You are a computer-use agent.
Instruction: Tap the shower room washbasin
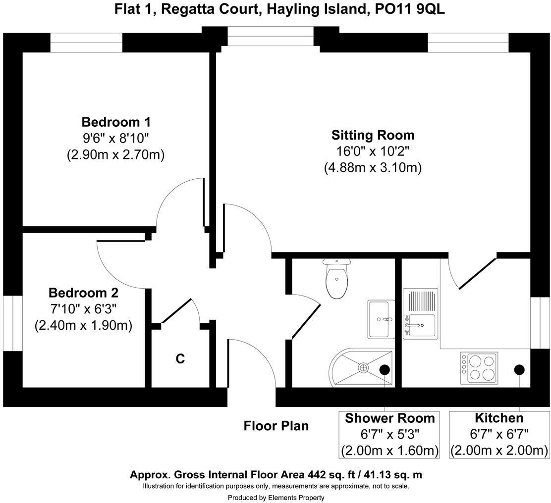381,319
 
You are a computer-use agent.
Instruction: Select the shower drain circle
363,368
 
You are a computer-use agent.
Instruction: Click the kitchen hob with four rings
479,368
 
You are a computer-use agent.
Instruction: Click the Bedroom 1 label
116,122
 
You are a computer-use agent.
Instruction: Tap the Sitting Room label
373,135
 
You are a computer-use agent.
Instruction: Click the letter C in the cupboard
180,359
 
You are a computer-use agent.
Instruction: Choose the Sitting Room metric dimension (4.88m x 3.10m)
373,168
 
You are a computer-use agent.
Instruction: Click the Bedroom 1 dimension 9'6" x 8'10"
116,139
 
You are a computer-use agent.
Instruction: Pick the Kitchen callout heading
498,418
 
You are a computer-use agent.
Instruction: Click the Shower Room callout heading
390,418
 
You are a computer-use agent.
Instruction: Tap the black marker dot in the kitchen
519,369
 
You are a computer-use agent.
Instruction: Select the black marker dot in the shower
385,369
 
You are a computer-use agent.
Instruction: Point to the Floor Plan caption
276,426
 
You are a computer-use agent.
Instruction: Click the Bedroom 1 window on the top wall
86,43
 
